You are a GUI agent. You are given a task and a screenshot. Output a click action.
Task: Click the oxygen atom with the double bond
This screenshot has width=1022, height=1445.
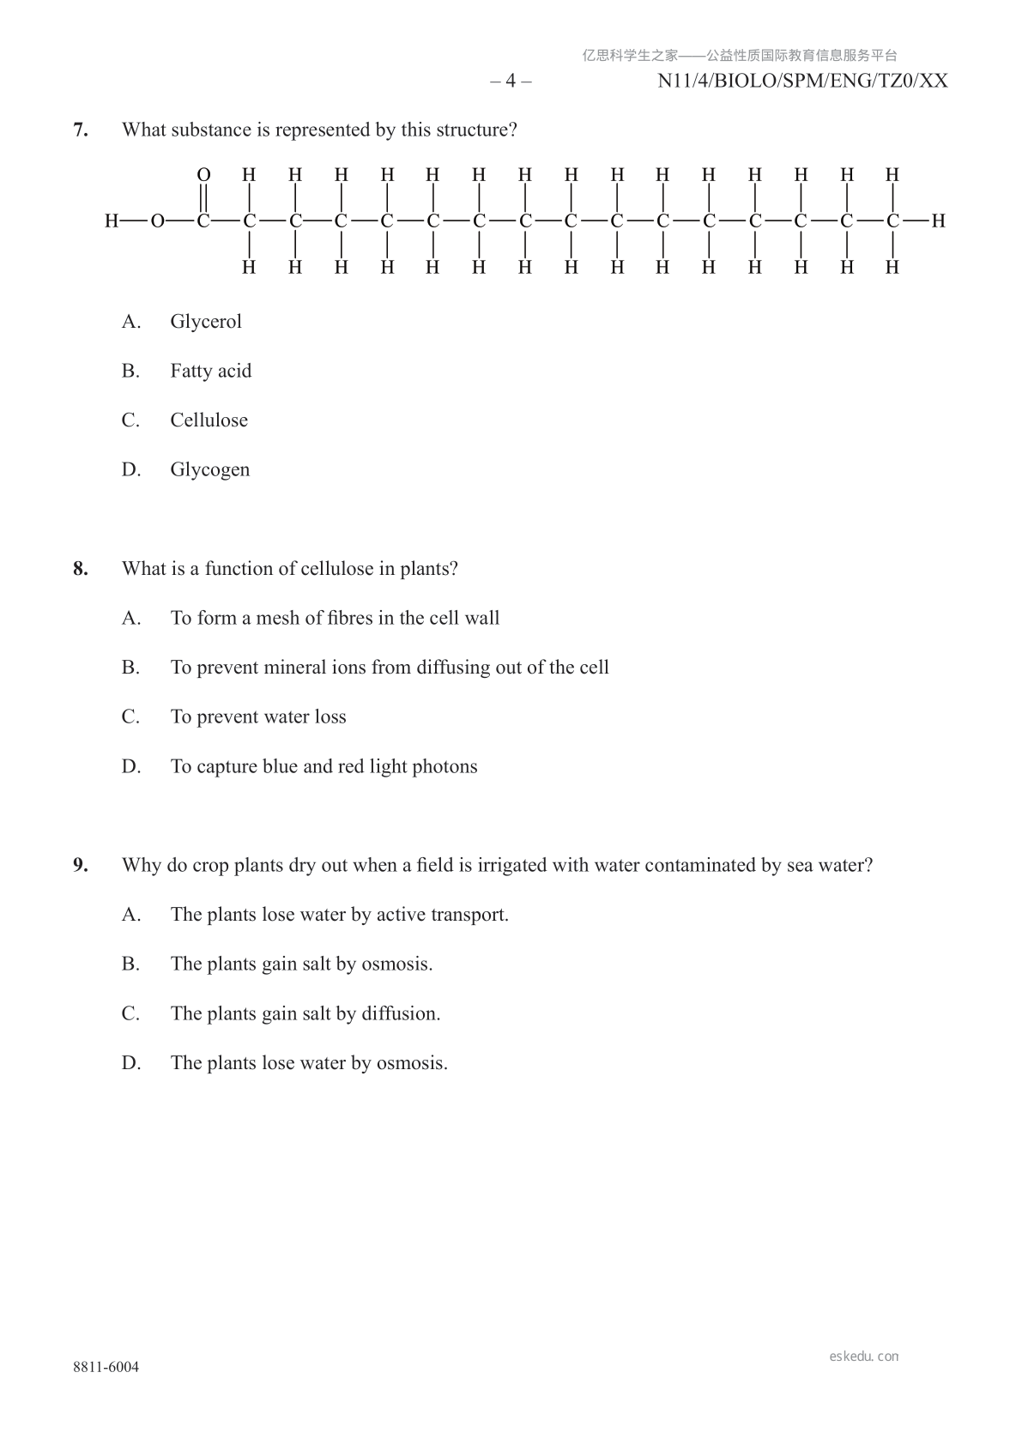click(203, 175)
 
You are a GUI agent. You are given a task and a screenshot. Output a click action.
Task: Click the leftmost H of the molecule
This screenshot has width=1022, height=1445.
click(112, 221)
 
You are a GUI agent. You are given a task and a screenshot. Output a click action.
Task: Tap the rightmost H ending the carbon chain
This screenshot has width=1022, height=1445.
click(938, 221)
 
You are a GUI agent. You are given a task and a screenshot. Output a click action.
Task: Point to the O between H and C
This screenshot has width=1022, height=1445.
click(158, 221)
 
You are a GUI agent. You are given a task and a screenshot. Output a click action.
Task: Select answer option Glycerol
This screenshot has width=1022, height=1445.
click(206, 322)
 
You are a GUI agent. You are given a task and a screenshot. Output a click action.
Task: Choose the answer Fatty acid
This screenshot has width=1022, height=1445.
click(210, 372)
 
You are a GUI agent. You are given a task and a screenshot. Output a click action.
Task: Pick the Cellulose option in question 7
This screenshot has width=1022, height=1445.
click(209, 420)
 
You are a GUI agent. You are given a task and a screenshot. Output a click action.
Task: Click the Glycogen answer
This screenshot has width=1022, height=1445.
click(209, 470)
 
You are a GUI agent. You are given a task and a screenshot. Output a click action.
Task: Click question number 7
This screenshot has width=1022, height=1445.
click(81, 130)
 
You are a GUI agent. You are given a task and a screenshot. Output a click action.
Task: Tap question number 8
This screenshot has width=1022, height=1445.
click(81, 569)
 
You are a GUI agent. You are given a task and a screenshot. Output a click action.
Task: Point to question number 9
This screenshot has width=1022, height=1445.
click(81, 865)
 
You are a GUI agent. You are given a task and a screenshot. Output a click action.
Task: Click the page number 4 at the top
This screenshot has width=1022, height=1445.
click(511, 82)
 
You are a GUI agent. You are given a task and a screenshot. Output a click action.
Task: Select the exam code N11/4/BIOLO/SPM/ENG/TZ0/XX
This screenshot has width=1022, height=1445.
click(802, 82)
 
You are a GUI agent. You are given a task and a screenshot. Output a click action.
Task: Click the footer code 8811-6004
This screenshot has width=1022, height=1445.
click(106, 1367)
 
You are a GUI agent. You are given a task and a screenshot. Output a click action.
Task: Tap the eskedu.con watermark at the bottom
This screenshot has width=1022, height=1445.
click(864, 1357)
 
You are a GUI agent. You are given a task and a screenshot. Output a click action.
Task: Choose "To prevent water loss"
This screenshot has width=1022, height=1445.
click(258, 717)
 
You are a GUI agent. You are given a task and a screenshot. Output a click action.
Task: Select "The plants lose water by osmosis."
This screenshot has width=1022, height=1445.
click(309, 1063)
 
